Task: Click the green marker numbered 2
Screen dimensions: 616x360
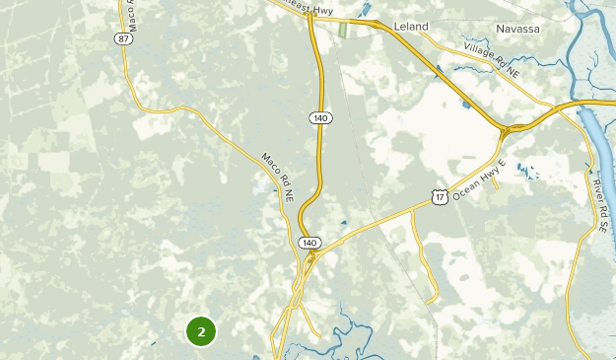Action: tap(201, 331)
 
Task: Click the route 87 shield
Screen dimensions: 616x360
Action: tap(121, 65)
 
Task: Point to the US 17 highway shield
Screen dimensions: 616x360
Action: tap(439, 198)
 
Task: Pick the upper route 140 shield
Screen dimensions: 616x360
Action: tap(319, 118)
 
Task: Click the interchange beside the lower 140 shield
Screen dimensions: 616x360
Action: tap(311, 257)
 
